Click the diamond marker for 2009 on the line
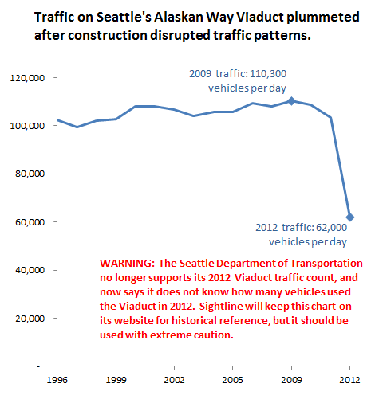(x=291, y=101)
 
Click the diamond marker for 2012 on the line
(x=350, y=217)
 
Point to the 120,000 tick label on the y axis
(x=27, y=78)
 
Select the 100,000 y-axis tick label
(x=27, y=126)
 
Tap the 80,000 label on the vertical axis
(x=30, y=174)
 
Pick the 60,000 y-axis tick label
(x=30, y=222)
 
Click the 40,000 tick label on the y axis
(x=30, y=270)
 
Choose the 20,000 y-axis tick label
(x=30, y=318)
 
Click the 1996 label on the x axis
(x=57, y=380)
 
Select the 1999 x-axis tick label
(x=116, y=380)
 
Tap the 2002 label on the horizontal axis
(x=174, y=380)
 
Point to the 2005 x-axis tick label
(x=233, y=380)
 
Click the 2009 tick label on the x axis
(x=291, y=380)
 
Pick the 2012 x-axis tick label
(x=349, y=380)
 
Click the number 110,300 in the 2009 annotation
(x=268, y=74)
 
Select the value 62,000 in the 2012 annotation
(x=331, y=228)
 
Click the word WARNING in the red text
(x=127, y=264)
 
